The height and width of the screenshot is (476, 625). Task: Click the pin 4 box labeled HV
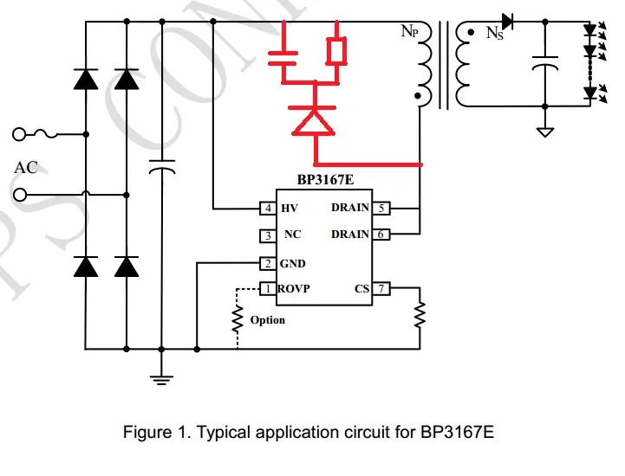pyautogui.click(x=267, y=209)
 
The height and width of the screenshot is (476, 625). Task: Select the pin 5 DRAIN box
pyautogui.click(x=381, y=209)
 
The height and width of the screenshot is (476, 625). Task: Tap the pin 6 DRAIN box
pyautogui.click(x=381, y=235)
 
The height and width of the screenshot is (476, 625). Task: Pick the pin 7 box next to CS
pyautogui.click(x=381, y=288)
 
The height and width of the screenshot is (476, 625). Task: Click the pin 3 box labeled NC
pyautogui.click(x=267, y=235)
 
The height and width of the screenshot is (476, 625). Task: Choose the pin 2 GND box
pyautogui.click(x=267, y=263)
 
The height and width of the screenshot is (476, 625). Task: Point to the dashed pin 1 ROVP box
pyautogui.click(x=267, y=288)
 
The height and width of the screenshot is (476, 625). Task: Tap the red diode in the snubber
pyautogui.click(x=314, y=119)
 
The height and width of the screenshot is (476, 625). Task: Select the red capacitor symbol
pyautogui.click(x=282, y=57)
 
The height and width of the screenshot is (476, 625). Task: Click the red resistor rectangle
pyautogui.click(x=336, y=51)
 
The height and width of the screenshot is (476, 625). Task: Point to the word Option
pyautogui.click(x=267, y=320)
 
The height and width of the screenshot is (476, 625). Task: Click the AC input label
pyautogui.click(x=26, y=168)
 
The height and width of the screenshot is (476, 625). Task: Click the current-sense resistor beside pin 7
pyautogui.click(x=420, y=315)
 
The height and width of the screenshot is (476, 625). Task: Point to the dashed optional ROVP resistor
pyautogui.click(x=237, y=321)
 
